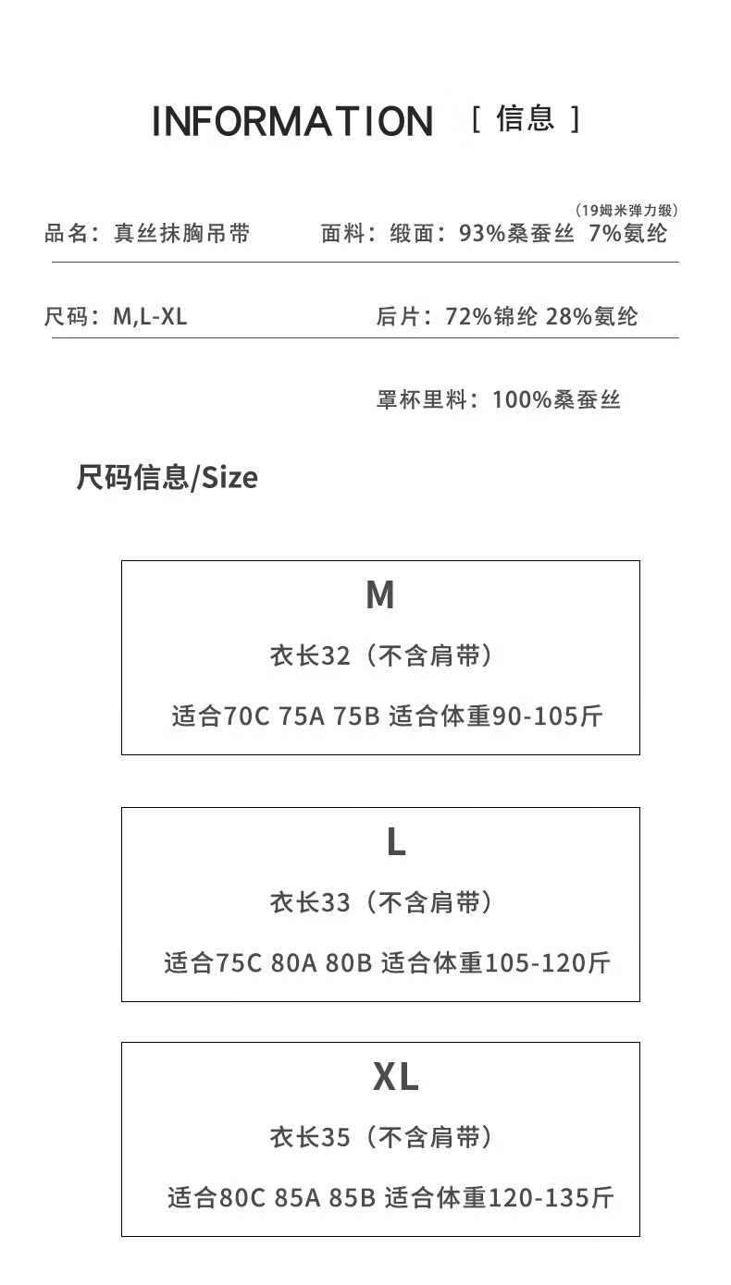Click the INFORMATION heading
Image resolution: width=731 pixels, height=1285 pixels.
tap(292, 122)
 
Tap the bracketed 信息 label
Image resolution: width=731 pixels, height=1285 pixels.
tap(526, 119)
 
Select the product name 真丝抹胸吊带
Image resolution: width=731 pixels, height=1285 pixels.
tap(181, 233)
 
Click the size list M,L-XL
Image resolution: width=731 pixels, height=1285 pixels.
tap(150, 317)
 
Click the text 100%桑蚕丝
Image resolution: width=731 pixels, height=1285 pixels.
tap(556, 400)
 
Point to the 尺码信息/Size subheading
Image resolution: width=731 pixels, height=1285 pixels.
tap(167, 478)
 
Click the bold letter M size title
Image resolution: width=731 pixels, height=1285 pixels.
tap(380, 596)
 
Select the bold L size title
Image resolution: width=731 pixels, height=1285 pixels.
tap(396, 842)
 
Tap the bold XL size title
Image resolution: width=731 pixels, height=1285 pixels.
tap(396, 1077)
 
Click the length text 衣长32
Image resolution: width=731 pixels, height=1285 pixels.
tap(310, 656)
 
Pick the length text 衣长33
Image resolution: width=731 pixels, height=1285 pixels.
tap(310, 902)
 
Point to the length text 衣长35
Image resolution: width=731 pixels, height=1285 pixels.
tap(310, 1137)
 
